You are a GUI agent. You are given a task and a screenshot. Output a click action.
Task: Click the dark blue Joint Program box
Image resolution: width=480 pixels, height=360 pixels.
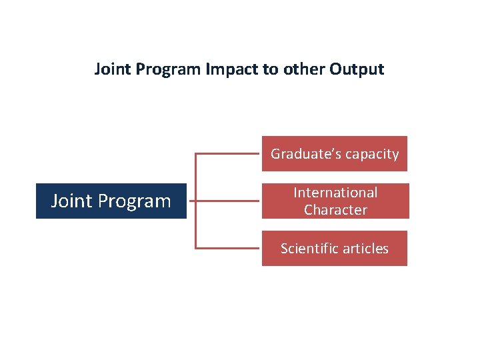(x=111, y=201)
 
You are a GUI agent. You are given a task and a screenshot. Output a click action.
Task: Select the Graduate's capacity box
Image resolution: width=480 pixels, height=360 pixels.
(x=334, y=154)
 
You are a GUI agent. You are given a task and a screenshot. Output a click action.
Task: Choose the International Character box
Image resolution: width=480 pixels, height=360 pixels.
(x=335, y=201)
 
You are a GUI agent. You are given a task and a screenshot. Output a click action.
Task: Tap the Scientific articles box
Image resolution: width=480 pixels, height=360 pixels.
(x=334, y=249)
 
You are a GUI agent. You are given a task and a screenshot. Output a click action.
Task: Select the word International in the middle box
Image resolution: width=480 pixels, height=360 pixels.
(x=335, y=193)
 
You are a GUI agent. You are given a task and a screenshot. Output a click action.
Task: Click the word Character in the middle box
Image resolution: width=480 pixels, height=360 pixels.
(x=335, y=210)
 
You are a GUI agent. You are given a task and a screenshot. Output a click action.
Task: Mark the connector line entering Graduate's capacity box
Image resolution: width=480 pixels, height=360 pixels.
(x=227, y=154)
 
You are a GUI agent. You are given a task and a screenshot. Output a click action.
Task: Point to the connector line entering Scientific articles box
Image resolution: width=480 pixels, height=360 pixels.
(x=227, y=248)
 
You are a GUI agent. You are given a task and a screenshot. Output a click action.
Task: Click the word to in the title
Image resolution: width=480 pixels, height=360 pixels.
(x=270, y=69)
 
